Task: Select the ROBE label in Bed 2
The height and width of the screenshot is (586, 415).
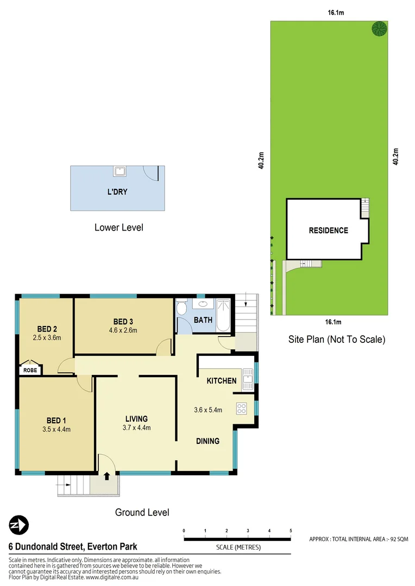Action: [29, 370]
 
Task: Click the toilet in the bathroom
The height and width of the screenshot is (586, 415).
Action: [183, 308]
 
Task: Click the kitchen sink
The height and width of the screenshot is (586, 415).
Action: [248, 378]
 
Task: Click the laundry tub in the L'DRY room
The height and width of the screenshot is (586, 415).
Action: [120, 172]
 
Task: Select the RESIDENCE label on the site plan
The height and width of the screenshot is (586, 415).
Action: [328, 230]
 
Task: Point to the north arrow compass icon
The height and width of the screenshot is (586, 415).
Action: [18, 525]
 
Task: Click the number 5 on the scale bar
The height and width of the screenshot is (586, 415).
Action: [291, 530]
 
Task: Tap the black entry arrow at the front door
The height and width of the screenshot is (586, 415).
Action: [106, 476]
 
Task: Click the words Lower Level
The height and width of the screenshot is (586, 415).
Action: [118, 227]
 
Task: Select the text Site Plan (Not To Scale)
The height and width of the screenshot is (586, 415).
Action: [336, 340]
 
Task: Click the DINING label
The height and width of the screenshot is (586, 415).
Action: [207, 441]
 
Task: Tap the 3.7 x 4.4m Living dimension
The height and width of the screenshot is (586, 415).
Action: [136, 428]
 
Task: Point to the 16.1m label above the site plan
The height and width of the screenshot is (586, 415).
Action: [336, 12]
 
